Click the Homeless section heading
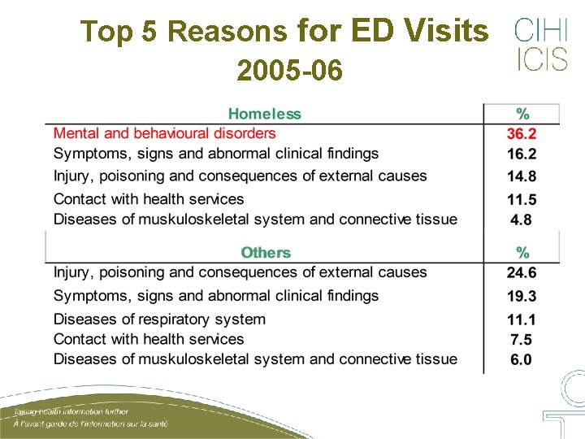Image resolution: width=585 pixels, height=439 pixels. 264,115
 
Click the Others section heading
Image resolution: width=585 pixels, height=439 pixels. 266,253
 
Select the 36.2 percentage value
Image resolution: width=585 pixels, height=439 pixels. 522,134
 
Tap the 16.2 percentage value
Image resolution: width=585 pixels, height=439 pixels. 522,154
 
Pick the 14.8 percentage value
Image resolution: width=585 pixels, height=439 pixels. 522,176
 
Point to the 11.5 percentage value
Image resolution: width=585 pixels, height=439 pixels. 522,200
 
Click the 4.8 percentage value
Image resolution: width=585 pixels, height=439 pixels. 522,219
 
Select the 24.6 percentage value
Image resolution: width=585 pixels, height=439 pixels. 522,273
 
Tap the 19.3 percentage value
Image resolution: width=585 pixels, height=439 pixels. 522,297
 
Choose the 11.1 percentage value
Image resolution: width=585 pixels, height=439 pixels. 522,320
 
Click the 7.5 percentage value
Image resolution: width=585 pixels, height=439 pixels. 522,340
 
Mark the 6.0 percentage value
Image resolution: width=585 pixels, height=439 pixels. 522,359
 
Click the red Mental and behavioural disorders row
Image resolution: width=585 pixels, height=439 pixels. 165,133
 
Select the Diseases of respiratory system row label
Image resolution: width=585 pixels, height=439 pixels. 159,319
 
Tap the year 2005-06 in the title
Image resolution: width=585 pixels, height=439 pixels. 290,72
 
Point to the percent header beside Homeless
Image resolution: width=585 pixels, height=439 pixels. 523,115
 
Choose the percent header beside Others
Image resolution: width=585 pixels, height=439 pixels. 523,253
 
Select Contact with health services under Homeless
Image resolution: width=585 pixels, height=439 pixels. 149,199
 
